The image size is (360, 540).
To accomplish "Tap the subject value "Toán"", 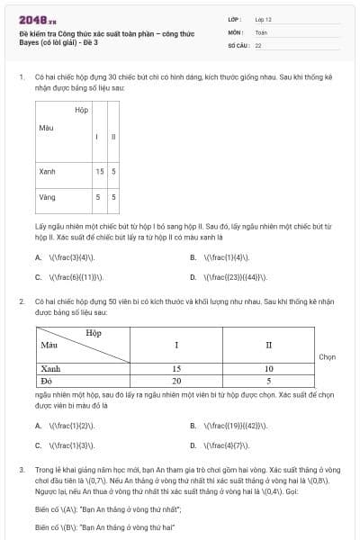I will [261, 31].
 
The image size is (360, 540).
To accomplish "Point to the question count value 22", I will [258, 44].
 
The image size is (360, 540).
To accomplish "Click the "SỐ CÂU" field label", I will [238, 44].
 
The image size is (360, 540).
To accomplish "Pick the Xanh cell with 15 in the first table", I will [99, 171].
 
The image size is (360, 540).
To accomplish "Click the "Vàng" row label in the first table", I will [48, 196].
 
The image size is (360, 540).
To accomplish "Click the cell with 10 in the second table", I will [268, 368].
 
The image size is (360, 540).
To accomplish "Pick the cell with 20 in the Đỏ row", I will [177, 381].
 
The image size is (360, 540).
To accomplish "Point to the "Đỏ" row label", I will [48, 381].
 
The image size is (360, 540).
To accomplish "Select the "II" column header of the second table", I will [268, 345].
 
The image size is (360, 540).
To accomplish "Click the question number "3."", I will [22, 470].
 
